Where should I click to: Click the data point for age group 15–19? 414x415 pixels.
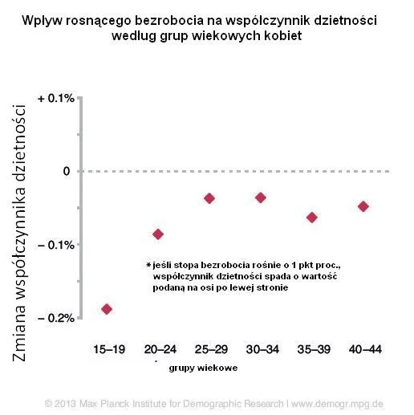(107, 308)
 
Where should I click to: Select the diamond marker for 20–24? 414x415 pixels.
(158, 234)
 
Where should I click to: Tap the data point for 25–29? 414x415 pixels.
(209, 197)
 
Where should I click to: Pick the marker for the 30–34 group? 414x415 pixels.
(260, 197)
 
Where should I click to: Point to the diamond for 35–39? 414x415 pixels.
(312, 217)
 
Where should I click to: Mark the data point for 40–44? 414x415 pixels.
(363, 205)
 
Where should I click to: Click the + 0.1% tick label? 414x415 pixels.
(56, 98)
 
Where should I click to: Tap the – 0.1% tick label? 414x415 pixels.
(56, 244)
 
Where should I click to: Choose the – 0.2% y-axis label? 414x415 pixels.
(56, 318)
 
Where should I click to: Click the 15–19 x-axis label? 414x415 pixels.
(107, 350)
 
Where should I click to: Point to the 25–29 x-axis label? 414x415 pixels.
(209, 350)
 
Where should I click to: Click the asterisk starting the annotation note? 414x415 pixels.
(148, 264)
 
